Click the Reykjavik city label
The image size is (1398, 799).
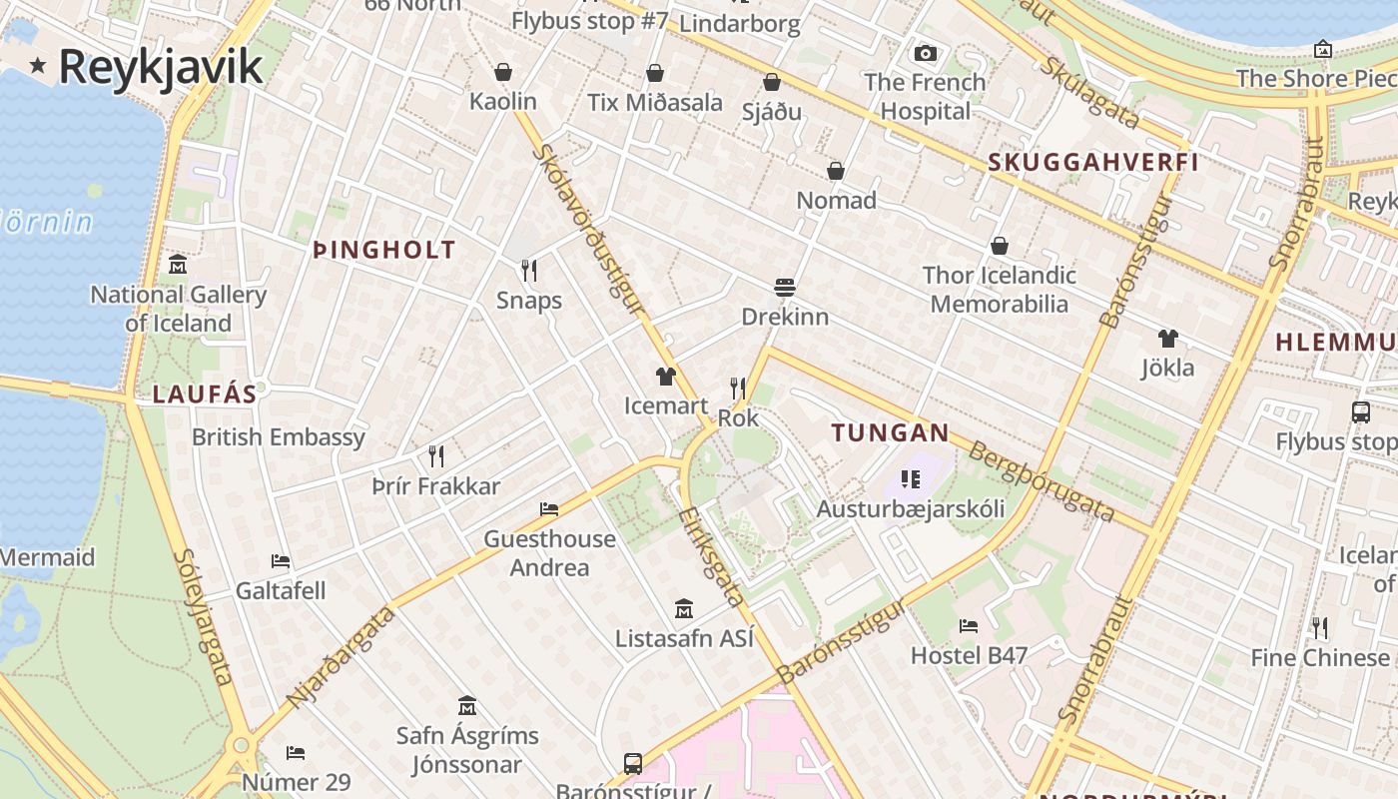pyautogui.click(x=160, y=67)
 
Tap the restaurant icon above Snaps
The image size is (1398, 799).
pyautogui.click(x=529, y=270)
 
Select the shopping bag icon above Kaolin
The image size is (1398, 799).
pyautogui.click(x=503, y=72)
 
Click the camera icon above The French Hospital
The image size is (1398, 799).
pyautogui.click(x=926, y=53)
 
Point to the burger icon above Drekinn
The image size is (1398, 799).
pyautogui.click(x=785, y=288)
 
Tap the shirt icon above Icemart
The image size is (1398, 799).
pyautogui.click(x=666, y=377)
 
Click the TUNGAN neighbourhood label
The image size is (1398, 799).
pyautogui.click(x=890, y=432)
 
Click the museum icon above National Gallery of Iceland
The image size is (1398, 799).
pyautogui.click(x=178, y=265)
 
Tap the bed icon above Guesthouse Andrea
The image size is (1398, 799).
pyautogui.click(x=549, y=509)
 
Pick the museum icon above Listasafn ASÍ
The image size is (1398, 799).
pyautogui.click(x=684, y=608)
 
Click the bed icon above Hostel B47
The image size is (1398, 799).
pyautogui.click(x=969, y=626)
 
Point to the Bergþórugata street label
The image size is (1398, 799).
pyautogui.click(x=1041, y=480)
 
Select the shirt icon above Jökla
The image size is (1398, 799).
pyautogui.click(x=1168, y=339)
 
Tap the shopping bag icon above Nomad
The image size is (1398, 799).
pyautogui.click(x=836, y=171)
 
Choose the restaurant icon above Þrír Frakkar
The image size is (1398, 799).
pyautogui.click(x=436, y=456)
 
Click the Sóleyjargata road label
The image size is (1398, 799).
pyautogui.click(x=203, y=616)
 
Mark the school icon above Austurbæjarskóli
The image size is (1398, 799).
pyautogui.click(x=910, y=479)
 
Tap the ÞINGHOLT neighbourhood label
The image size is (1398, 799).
pyautogui.click(x=384, y=250)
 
